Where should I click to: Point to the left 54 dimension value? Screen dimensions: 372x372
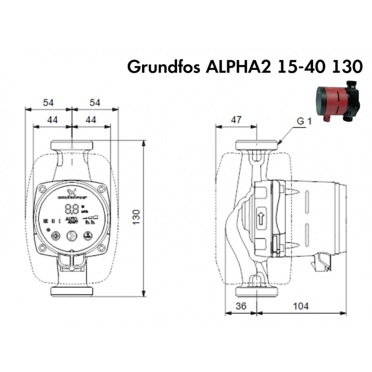pos(48,103)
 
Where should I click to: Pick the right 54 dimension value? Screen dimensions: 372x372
pos(95,103)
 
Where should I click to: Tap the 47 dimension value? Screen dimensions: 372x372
pos(236,120)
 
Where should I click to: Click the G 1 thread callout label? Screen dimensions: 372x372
pos(304,121)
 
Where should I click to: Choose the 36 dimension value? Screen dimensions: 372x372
pos(241,306)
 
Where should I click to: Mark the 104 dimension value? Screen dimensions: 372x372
pos(301,306)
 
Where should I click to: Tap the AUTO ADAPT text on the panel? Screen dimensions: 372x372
pos(71,220)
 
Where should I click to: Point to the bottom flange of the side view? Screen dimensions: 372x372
pos(257,292)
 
